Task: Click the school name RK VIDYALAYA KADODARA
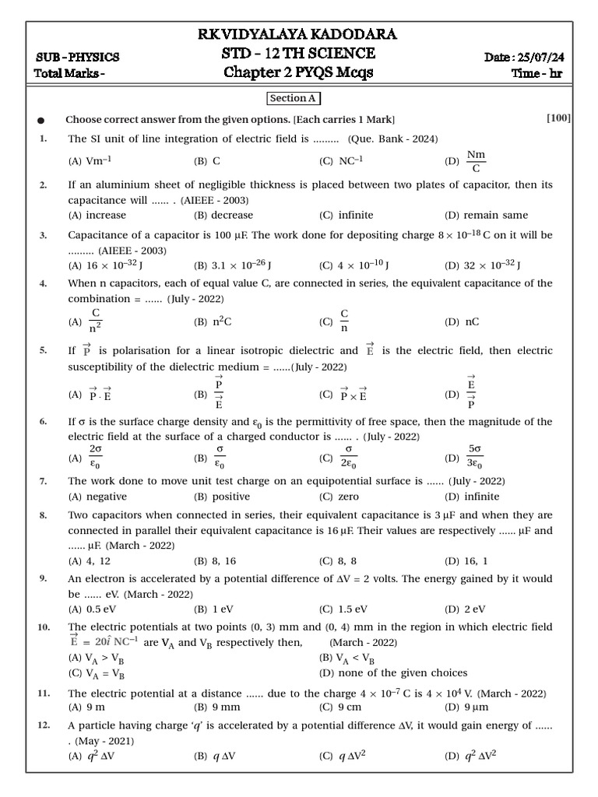(299, 34)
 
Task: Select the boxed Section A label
(294, 99)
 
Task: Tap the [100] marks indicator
(558, 118)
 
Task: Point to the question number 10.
(44, 627)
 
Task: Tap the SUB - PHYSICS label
(78, 57)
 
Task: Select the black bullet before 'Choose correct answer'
(41, 120)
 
